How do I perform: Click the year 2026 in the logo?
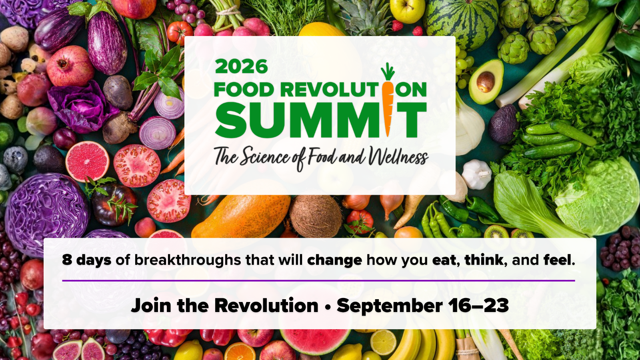tap(242, 66)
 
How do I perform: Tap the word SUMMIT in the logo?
tap(320, 120)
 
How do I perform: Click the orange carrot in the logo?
tap(388, 100)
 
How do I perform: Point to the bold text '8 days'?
tap(86, 260)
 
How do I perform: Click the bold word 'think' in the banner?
tap(484, 260)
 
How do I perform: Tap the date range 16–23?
tap(478, 305)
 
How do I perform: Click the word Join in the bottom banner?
tap(151, 305)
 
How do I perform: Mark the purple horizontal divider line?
tap(318, 280)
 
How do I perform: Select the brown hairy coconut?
tap(316, 216)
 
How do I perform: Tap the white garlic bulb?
tap(476, 174)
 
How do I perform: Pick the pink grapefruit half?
tap(88, 162)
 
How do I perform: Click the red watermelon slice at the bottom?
tap(314, 342)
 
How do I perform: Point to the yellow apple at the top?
tap(408, 11)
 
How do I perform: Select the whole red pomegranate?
tap(70, 66)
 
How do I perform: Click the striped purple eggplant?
tap(107, 43)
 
